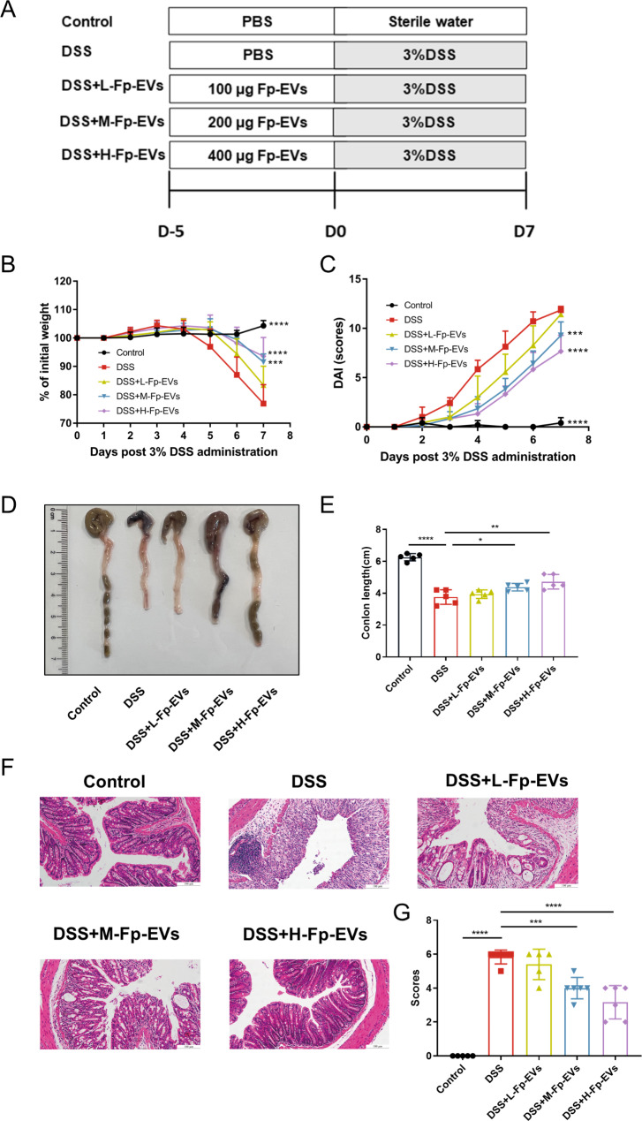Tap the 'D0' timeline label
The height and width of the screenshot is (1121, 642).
pyautogui.click(x=335, y=233)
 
